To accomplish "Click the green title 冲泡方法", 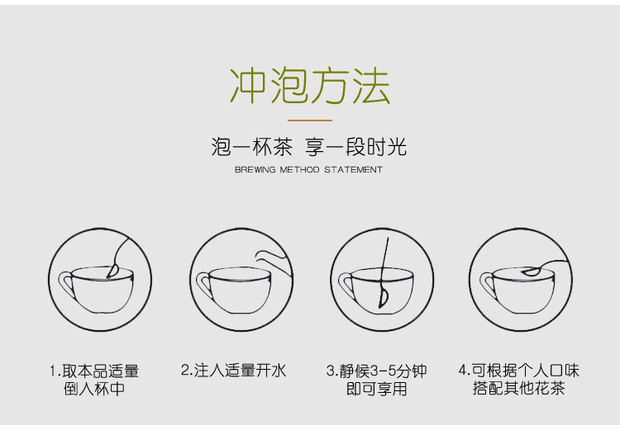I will coord(309,86).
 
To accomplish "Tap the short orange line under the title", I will coord(309,120).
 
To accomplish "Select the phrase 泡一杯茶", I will coord(252,148).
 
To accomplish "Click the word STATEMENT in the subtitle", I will coord(353,170).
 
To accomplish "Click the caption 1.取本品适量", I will coord(94,371).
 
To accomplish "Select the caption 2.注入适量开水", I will coord(233,371).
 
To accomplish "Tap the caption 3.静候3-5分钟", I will coord(376,371).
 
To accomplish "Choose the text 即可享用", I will coord(376,389).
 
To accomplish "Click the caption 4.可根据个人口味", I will coord(518,371).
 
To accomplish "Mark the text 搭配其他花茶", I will coord(518,389).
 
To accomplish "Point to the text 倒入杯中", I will coord(94,389).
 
